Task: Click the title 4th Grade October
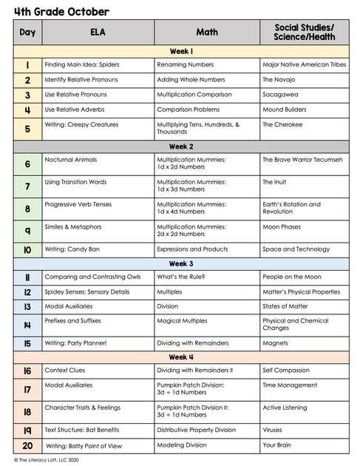pos(61,12)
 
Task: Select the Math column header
pos(206,33)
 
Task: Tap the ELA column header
pos(98,33)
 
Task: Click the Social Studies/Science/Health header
pos(304,33)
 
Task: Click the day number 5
pos(27,129)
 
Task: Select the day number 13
pos(27,306)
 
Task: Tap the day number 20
pos(27,445)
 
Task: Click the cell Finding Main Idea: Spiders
pos(82,64)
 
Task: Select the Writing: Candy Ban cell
pos(72,249)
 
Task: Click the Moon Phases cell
pos(282,227)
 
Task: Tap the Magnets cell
pos(275,342)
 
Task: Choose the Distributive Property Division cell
pos(196,429)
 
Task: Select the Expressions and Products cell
pos(192,249)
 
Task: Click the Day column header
pos(27,33)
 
